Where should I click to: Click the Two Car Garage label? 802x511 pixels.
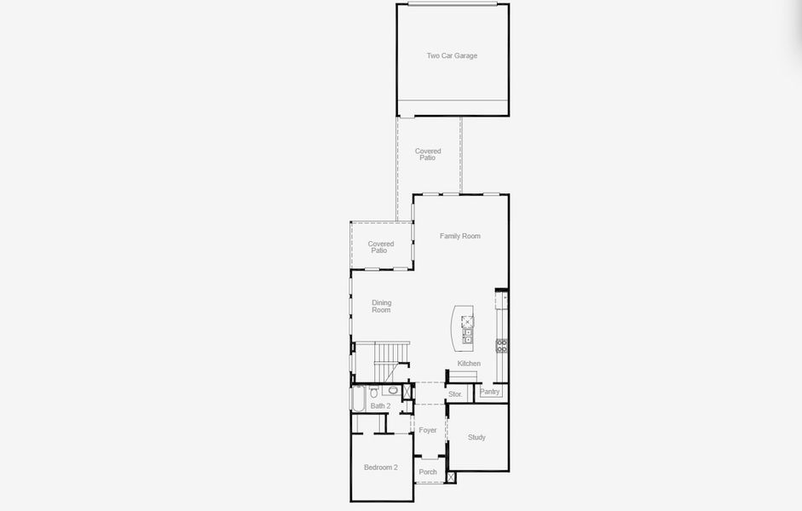(x=452, y=56)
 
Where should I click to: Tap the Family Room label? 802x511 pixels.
(x=460, y=236)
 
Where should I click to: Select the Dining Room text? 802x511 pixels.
(x=381, y=306)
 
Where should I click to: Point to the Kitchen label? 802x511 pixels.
(x=469, y=364)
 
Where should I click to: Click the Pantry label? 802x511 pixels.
(x=490, y=392)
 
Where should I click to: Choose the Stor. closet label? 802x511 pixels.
(x=455, y=394)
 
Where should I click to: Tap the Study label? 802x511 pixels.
(x=476, y=438)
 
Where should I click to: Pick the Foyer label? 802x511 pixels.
(x=428, y=430)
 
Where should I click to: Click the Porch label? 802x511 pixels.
(x=428, y=472)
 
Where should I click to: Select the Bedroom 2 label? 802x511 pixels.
(x=381, y=468)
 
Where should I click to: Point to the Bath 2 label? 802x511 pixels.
(x=380, y=406)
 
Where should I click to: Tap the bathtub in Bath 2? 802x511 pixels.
(x=357, y=399)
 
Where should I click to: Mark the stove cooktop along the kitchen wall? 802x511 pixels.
(x=502, y=345)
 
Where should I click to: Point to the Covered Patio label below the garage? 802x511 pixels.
(x=428, y=154)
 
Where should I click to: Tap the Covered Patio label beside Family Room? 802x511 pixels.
(x=381, y=247)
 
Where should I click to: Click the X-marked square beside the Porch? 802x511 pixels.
(x=451, y=477)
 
